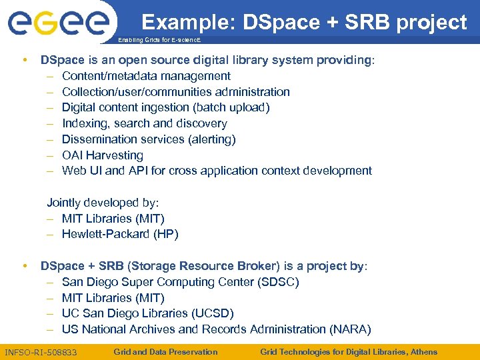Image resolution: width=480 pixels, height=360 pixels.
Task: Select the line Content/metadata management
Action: point(146,76)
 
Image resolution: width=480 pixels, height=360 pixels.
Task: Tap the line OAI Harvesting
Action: point(102,155)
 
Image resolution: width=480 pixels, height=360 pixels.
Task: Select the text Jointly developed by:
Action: point(103,203)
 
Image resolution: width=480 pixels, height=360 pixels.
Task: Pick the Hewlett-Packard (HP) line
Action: point(120,234)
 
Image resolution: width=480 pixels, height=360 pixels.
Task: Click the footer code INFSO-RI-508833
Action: point(41,352)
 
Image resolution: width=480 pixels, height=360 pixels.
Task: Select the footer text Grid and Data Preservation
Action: point(165,351)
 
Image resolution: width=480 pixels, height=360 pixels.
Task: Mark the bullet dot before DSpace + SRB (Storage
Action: point(24,266)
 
